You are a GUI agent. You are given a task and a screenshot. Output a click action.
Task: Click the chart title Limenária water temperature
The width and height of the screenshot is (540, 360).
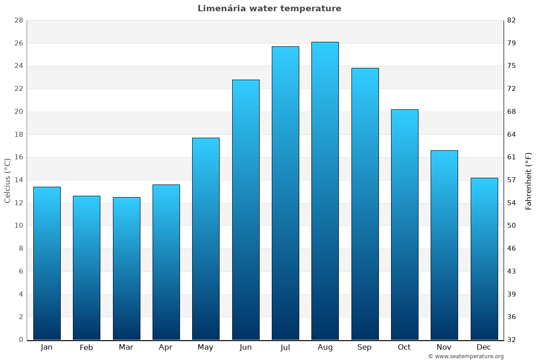(x=269, y=9)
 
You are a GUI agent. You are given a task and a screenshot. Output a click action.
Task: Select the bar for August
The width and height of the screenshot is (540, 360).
(x=325, y=191)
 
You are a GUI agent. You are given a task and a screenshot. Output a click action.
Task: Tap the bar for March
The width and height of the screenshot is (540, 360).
(x=126, y=268)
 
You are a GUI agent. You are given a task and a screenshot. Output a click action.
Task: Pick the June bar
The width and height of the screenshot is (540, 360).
(x=246, y=210)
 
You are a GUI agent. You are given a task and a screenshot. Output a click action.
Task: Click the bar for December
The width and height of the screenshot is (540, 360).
(x=484, y=259)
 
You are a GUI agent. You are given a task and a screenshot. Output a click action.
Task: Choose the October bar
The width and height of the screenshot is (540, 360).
(x=405, y=225)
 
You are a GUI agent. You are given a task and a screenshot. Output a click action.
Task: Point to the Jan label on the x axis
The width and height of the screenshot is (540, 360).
(x=46, y=347)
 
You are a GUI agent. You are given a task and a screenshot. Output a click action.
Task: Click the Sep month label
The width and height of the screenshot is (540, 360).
(x=364, y=347)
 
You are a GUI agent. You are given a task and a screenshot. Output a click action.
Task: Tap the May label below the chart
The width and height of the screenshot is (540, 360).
(x=206, y=347)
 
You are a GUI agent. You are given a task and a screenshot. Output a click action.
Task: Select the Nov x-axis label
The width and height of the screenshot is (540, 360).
(x=444, y=347)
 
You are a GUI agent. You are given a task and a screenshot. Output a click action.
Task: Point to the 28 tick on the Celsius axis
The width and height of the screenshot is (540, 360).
(x=18, y=21)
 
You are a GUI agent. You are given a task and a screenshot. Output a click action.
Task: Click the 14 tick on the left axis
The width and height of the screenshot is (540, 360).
(x=18, y=180)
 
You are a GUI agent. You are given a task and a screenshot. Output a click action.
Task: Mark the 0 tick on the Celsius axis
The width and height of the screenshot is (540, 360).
(x=21, y=340)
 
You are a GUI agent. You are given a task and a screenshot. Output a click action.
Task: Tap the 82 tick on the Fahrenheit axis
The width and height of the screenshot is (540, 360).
(x=512, y=21)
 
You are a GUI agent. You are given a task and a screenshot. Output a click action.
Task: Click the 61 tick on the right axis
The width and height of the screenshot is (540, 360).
(x=512, y=157)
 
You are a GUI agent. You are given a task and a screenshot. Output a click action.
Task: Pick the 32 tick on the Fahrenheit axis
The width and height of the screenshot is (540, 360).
(x=512, y=340)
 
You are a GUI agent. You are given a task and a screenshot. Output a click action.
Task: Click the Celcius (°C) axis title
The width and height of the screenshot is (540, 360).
(x=8, y=180)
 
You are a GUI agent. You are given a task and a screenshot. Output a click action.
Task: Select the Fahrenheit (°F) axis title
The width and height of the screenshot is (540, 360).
(x=529, y=180)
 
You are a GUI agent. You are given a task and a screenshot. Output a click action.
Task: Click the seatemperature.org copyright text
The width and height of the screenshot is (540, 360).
(x=466, y=356)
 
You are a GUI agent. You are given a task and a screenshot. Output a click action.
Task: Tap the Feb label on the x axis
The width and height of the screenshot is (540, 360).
(x=86, y=347)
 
